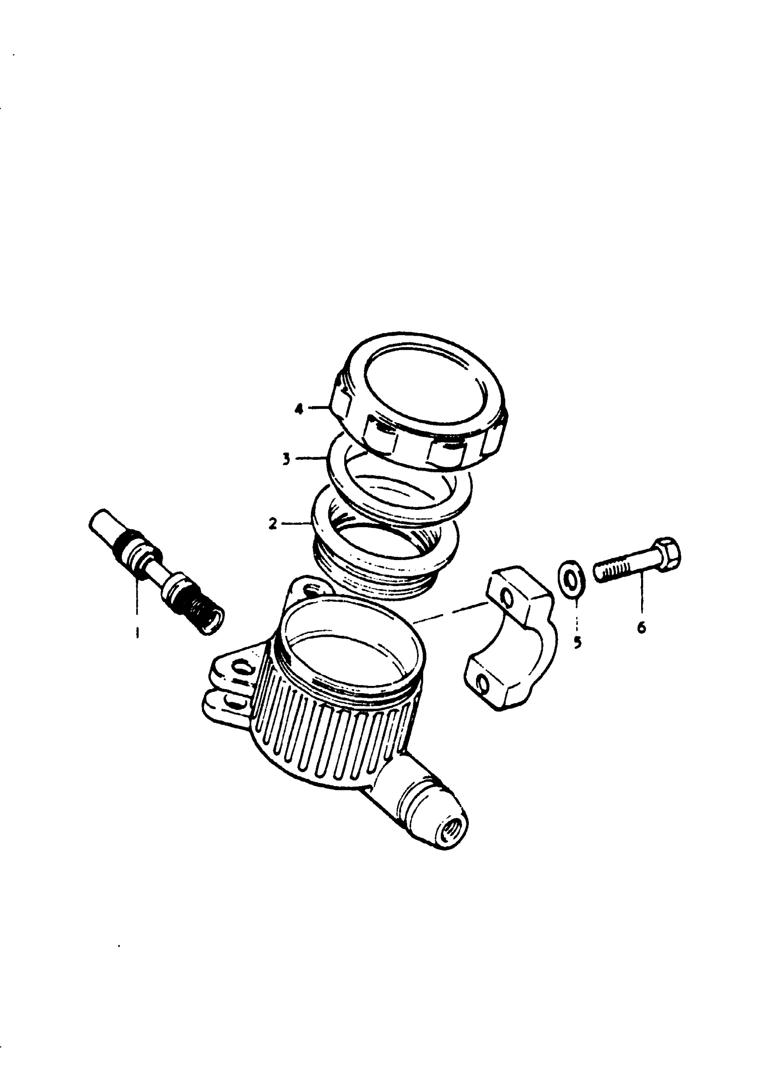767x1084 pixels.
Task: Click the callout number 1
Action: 138,631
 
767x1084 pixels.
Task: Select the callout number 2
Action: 273,524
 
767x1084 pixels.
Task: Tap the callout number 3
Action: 286,459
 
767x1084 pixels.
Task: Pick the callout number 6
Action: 642,628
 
